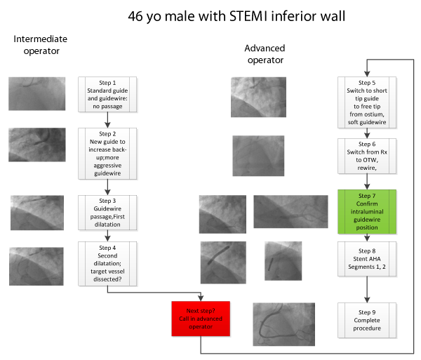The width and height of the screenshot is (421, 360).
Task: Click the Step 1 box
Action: point(107,94)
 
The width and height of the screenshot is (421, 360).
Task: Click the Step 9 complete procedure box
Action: point(367,321)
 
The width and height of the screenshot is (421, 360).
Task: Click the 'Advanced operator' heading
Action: point(264,54)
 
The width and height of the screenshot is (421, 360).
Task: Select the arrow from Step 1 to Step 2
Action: point(107,119)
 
